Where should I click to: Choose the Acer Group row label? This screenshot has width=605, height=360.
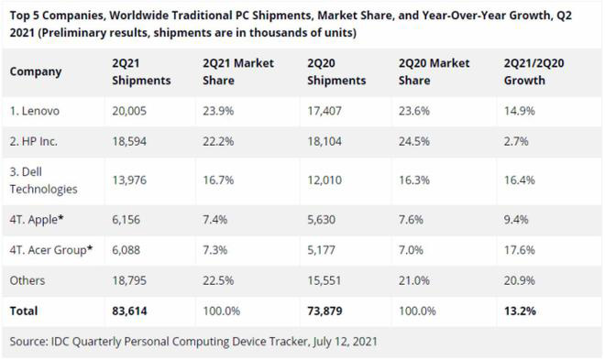click(50, 250)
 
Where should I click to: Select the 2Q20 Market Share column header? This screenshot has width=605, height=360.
click(434, 72)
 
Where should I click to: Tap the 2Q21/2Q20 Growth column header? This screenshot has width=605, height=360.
click(536, 72)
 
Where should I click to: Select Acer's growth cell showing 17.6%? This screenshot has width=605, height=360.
click(519, 250)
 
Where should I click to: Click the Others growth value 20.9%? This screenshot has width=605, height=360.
click(519, 280)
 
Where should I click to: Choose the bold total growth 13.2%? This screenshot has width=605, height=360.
click(520, 311)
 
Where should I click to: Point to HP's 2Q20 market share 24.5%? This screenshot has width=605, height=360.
click(414, 141)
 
